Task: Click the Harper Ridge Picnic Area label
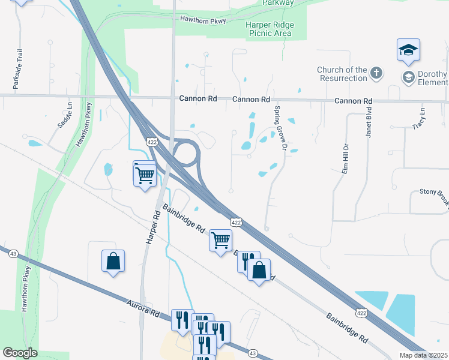[270, 29]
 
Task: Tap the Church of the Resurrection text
[342, 74]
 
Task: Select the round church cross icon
[376, 73]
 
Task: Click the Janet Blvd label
[369, 122]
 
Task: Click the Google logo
[20, 353]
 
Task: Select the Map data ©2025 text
[424, 355]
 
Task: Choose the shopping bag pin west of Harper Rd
[113, 262]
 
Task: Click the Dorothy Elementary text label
[433, 78]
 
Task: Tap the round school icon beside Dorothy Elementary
[408, 77]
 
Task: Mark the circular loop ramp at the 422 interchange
[185, 152]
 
